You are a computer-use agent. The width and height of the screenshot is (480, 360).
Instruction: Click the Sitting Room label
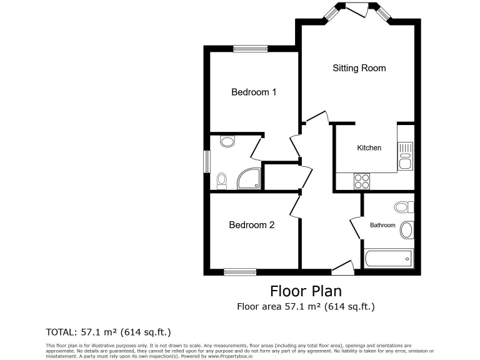(x=359, y=68)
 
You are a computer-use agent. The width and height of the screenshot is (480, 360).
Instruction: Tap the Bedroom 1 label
(x=254, y=92)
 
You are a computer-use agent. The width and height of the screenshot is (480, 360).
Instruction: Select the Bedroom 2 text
(x=251, y=225)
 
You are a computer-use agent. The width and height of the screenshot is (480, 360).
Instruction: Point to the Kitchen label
(x=369, y=148)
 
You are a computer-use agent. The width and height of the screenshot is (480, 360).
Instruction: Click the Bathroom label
(x=382, y=225)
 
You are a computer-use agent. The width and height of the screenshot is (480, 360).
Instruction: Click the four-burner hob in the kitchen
(x=362, y=181)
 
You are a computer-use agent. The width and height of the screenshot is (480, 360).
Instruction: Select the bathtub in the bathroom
(x=388, y=257)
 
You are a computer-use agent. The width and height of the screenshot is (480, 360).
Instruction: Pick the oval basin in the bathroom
(x=407, y=229)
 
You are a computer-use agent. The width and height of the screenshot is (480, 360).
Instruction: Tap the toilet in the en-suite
(x=221, y=181)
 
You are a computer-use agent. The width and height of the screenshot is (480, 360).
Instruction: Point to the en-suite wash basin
(x=227, y=142)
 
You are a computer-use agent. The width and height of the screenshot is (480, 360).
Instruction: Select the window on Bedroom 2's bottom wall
(x=240, y=272)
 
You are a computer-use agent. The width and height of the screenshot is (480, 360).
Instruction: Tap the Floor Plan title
(x=306, y=291)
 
